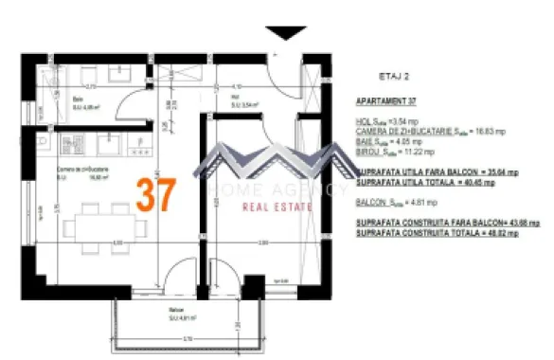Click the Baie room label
[x=79, y=99]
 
